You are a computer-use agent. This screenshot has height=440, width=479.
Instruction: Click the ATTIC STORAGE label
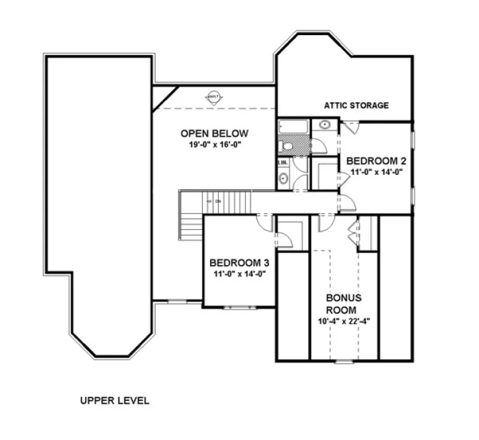tap(356, 105)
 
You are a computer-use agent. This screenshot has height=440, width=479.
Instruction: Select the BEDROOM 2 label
tap(376, 161)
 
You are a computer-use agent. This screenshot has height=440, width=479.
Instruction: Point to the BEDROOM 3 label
tap(239, 262)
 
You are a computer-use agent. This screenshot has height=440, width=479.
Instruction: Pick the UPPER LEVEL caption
tap(115, 400)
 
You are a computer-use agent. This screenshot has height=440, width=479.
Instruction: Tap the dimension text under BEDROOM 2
tap(376, 172)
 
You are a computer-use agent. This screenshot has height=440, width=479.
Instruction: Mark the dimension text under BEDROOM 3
tap(239, 273)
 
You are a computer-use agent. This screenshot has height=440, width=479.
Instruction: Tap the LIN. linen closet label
tap(283, 162)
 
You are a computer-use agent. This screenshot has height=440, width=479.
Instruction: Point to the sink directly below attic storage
tap(325, 125)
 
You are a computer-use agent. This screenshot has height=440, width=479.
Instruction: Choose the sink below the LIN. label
tap(284, 178)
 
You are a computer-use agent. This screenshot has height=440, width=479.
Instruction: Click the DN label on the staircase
tap(216, 201)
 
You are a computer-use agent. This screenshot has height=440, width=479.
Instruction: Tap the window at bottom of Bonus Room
tap(344, 362)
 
